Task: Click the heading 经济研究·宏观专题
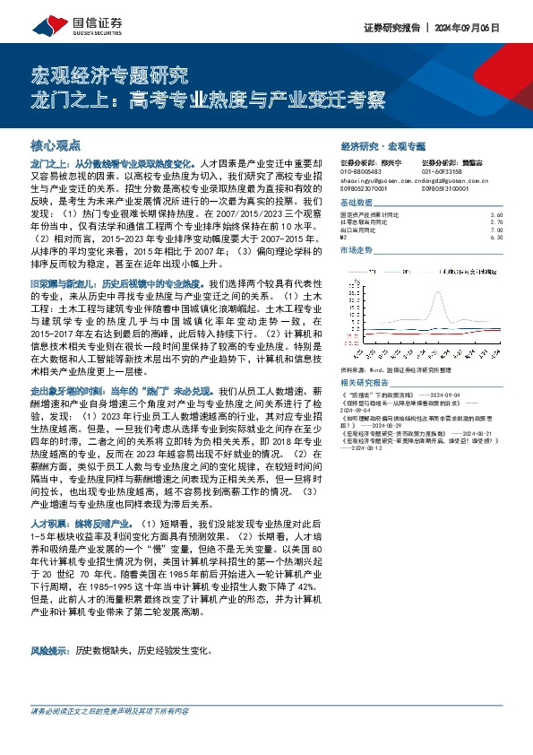tap(383, 145)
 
